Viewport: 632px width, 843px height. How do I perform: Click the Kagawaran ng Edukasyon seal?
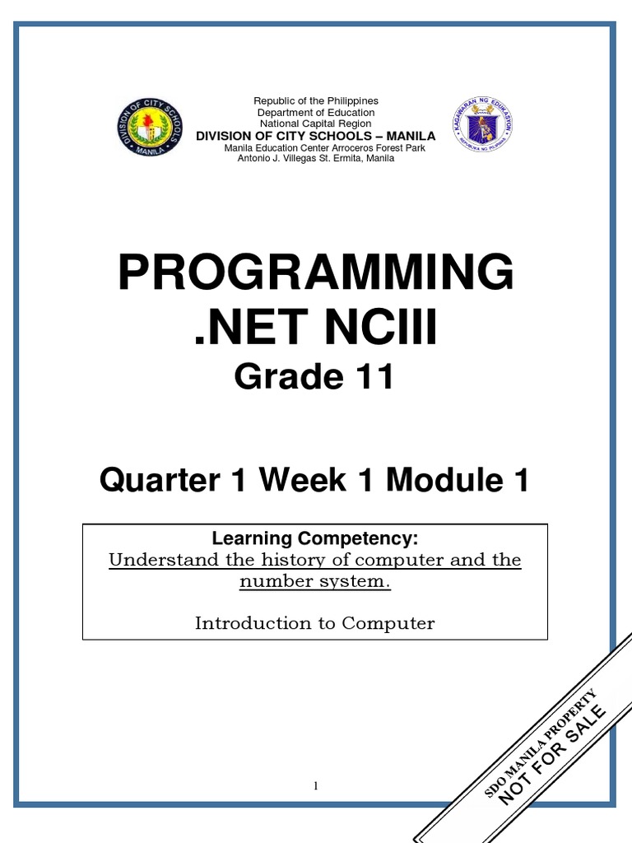click(x=484, y=128)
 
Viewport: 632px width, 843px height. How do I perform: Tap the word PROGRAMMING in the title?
click(x=316, y=273)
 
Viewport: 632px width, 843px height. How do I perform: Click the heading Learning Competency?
click(x=315, y=539)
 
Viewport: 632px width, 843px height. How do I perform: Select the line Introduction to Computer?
click(x=315, y=623)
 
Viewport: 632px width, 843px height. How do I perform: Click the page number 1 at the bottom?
click(x=315, y=786)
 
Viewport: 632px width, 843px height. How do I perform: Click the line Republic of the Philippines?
click(x=315, y=101)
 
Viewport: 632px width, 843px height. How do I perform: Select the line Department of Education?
click(x=315, y=113)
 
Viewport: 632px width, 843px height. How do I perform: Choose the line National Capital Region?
click(x=315, y=123)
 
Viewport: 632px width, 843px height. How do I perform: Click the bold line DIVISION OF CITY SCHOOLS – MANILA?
click(x=315, y=136)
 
